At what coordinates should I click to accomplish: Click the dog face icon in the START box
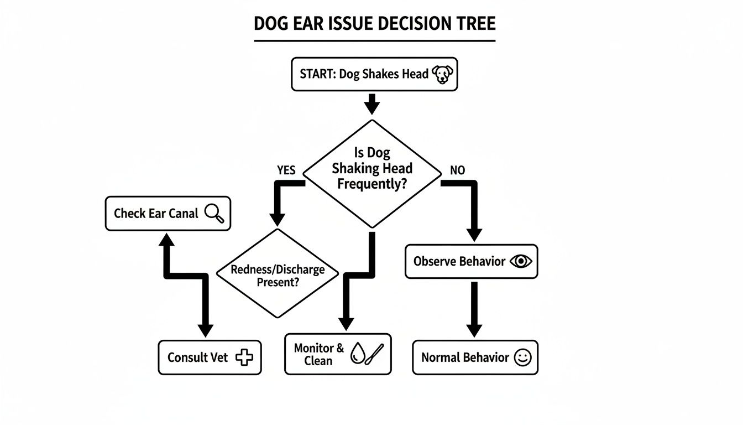pyautogui.click(x=442, y=74)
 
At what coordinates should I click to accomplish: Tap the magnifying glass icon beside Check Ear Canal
pyautogui.click(x=214, y=213)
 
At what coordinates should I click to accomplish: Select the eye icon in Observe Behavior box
pyautogui.click(x=520, y=261)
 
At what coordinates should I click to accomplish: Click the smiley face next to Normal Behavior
pyautogui.click(x=522, y=357)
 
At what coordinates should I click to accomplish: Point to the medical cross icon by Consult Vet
pyautogui.click(x=244, y=357)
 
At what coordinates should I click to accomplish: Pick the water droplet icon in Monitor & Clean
pyautogui.click(x=358, y=355)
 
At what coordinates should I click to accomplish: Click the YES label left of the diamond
pyautogui.click(x=286, y=170)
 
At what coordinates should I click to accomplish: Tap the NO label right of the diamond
pyautogui.click(x=457, y=170)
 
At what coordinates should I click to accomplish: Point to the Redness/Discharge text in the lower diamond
pyautogui.click(x=277, y=270)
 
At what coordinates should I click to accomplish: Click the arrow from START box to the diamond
pyautogui.click(x=372, y=105)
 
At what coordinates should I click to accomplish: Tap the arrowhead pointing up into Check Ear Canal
pyautogui.click(x=166, y=238)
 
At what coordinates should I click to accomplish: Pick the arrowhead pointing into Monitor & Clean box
pyautogui.click(x=346, y=324)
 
